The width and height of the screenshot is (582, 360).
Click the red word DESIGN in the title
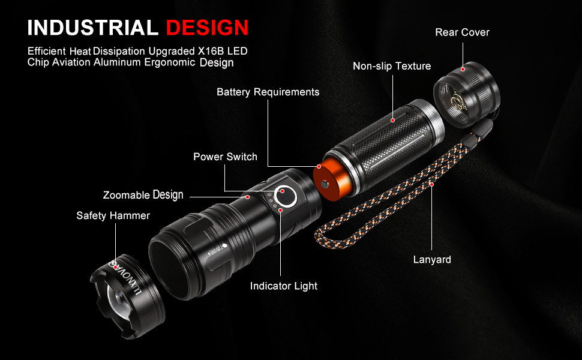tap(208, 28)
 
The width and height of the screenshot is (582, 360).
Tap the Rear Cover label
tap(462, 32)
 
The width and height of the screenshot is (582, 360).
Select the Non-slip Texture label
tap(392, 66)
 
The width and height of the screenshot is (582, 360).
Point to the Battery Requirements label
tap(268, 92)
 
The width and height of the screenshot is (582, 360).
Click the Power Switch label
tap(225, 157)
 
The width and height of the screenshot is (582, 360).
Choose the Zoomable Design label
tap(143, 195)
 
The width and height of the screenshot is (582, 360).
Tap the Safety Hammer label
tap(113, 215)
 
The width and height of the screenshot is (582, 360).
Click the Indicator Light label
tap(284, 286)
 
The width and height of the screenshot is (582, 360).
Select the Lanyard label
tap(432, 260)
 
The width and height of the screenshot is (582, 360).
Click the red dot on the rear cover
tap(463, 69)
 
